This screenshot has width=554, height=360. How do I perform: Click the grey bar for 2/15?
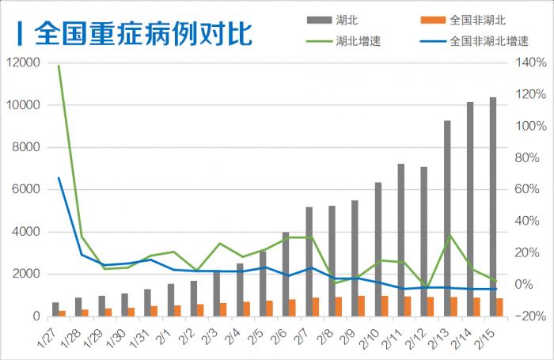pos(492,206)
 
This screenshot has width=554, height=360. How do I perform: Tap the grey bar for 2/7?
pos(309,261)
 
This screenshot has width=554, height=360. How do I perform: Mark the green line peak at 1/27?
pos(59,66)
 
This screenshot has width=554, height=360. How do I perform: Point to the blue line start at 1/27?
pos(59,178)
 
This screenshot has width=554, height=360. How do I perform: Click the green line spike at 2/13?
pos(450,236)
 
